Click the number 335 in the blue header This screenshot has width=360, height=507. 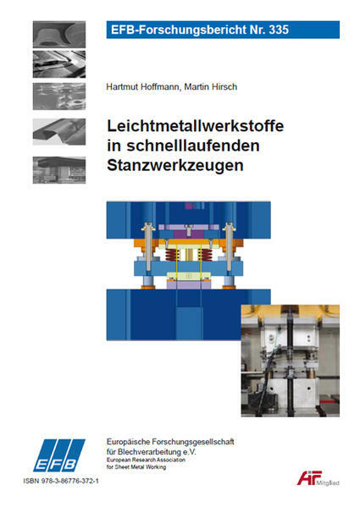(279, 30)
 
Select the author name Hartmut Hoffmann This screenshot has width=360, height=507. (144, 86)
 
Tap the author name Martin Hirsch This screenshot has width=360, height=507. (211, 86)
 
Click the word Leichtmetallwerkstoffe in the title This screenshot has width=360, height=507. (196, 125)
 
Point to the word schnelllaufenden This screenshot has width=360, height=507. (193, 146)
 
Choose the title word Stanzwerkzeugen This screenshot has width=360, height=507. (175, 166)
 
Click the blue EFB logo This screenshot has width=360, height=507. (58, 455)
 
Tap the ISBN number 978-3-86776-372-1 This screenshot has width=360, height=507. (69, 481)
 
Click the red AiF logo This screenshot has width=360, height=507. (309, 478)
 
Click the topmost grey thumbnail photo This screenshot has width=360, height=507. (59, 35)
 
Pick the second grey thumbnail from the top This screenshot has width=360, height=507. (59, 64)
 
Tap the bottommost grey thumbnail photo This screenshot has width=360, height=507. (59, 170)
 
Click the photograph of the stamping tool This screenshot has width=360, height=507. (291, 361)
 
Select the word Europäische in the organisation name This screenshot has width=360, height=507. (128, 442)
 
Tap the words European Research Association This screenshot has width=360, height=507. (146, 460)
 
